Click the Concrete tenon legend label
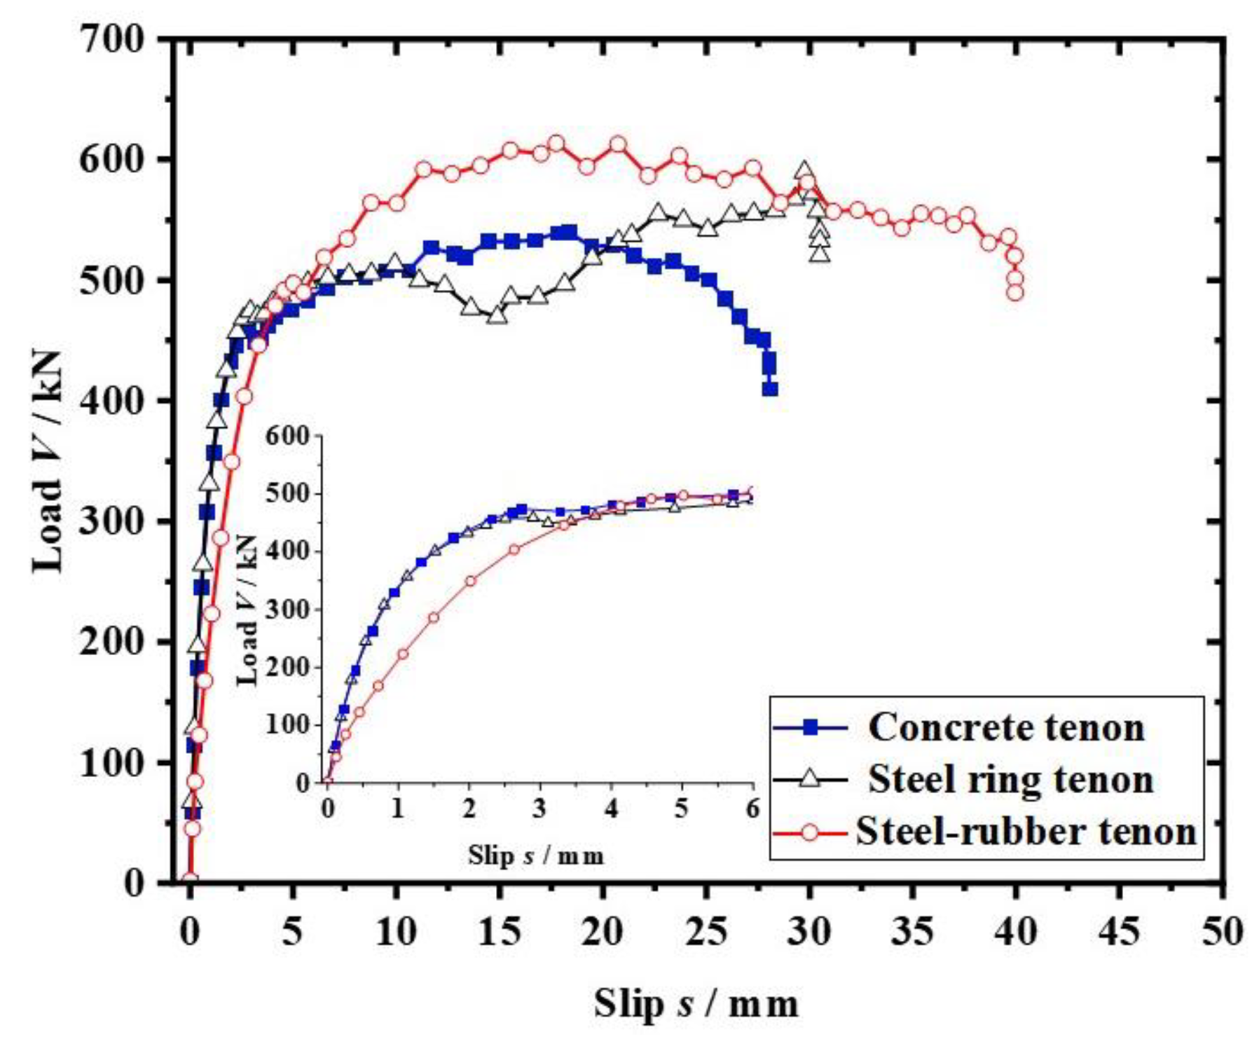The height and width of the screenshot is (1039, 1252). tap(1006, 727)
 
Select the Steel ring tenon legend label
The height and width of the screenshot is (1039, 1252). tap(1010, 779)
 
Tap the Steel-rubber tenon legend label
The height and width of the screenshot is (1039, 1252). tap(1026, 832)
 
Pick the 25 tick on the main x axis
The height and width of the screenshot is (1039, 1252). tap(706, 932)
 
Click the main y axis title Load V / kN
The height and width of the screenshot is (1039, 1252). tap(49, 460)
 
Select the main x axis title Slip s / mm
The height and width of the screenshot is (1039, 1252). tap(696, 1003)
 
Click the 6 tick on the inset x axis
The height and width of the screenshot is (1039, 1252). tap(752, 809)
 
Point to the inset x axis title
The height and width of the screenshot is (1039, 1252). tap(536, 855)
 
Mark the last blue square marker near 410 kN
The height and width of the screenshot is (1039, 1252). tap(770, 388)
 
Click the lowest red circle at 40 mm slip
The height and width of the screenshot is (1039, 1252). tap(1014, 293)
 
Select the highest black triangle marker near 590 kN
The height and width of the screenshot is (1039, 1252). tap(804, 170)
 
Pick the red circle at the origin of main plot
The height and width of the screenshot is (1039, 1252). tap(189, 881)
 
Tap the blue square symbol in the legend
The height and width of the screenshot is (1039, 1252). tap(810, 728)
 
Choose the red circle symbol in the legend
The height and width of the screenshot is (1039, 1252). tap(810, 832)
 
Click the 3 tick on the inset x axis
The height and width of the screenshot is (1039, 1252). tap(539, 809)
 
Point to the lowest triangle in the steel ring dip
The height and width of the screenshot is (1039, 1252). tap(497, 315)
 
